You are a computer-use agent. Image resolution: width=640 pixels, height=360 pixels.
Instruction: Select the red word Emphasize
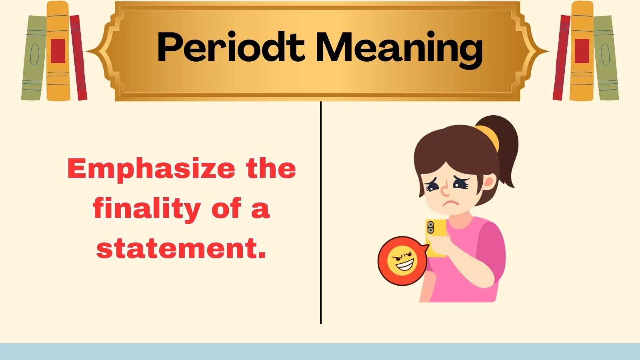[151, 169]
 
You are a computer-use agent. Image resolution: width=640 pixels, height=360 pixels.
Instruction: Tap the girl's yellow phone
[436, 238]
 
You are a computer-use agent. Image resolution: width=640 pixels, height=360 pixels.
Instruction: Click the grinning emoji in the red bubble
[402, 261]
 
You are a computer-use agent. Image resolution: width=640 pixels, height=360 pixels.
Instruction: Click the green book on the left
[34, 58]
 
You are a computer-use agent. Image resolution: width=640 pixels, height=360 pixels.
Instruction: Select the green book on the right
[606, 58]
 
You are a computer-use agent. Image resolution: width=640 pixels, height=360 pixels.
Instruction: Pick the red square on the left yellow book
[58, 51]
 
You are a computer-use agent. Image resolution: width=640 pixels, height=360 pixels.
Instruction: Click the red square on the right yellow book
[582, 51]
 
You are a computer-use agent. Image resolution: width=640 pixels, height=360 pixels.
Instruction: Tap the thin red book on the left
[78, 58]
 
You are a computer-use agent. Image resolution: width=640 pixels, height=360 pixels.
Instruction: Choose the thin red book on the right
[562, 58]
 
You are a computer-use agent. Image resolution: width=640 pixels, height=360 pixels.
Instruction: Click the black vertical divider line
[321, 212]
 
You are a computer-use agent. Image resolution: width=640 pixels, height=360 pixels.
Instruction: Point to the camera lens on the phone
[430, 228]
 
